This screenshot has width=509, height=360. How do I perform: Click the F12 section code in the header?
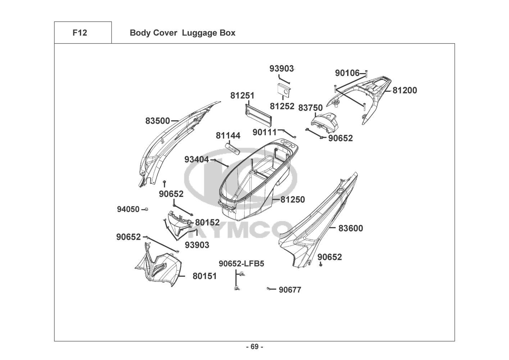(79, 33)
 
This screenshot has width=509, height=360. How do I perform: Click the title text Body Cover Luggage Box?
(182, 33)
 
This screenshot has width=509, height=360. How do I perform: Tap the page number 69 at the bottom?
(254, 347)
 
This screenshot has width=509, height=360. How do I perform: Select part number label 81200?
(405, 90)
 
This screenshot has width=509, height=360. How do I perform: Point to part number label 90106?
(347, 73)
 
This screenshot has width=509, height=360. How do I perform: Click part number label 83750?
(310, 108)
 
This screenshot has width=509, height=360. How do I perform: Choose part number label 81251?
(242, 95)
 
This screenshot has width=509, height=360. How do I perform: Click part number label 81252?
(282, 106)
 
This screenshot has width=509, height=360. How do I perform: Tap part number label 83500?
(158, 121)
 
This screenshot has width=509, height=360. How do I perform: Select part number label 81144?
(228, 136)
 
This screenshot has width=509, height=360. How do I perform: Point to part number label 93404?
(196, 159)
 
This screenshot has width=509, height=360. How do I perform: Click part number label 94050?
(128, 209)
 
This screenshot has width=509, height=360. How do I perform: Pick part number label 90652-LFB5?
(241, 264)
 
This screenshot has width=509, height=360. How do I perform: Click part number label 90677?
(290, 290)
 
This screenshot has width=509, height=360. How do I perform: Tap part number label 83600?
(351, 228)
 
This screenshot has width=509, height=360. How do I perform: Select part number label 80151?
(205, 276)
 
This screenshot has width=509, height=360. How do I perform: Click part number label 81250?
(292, 199)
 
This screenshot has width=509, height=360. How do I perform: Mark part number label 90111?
(264, 132)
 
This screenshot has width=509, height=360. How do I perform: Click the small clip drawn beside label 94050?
(146, 209)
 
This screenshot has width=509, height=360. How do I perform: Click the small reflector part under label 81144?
(232, 148)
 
